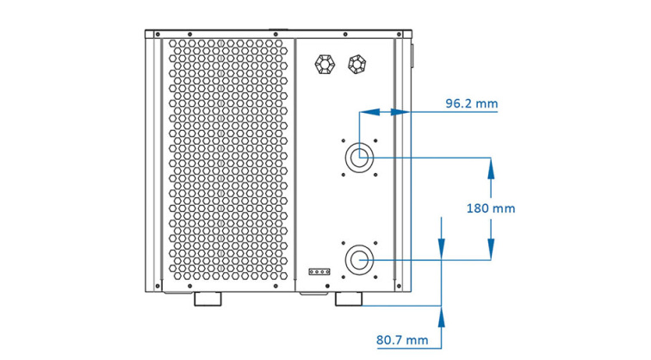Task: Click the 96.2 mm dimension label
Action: [x=471, y=103]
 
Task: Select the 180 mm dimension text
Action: [x=490, y=208]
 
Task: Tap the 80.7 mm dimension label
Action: [x=402, y=339]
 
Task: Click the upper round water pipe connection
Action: [x=359, y=158]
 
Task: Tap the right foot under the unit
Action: [x=350, y=300]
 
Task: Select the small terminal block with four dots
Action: [x=319, y=270]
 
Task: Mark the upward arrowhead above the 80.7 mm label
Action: [x=442, y=316]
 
